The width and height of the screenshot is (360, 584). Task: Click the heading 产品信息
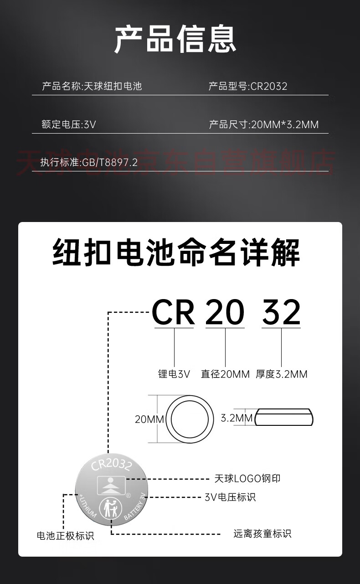point(175,39)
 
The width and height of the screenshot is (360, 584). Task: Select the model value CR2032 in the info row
point(269,86)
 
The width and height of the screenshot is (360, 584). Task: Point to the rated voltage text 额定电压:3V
point(69,124)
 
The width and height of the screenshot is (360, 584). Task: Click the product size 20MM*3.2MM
point(285,124)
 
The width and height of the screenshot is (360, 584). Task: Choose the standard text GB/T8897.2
point(109,162)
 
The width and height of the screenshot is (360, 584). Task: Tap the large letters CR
point(173,313)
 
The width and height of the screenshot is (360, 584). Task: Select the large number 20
point(225,313)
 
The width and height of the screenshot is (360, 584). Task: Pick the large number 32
point(281,313)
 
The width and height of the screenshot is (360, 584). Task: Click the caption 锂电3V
point(174,374)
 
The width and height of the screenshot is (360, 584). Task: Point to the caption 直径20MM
point(225,374)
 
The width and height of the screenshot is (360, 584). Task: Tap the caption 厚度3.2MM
point(282,374)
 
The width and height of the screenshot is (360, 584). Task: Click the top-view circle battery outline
point(190,419)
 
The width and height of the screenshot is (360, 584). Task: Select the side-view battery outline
point(284,418)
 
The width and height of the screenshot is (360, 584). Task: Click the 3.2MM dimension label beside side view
point(236,418)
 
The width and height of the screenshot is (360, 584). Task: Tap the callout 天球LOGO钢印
point(247,478)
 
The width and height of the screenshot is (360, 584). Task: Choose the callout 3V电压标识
point(230,497)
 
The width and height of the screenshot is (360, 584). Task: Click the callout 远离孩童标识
point(262,533)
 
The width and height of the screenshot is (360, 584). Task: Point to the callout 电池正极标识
point(66,536)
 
